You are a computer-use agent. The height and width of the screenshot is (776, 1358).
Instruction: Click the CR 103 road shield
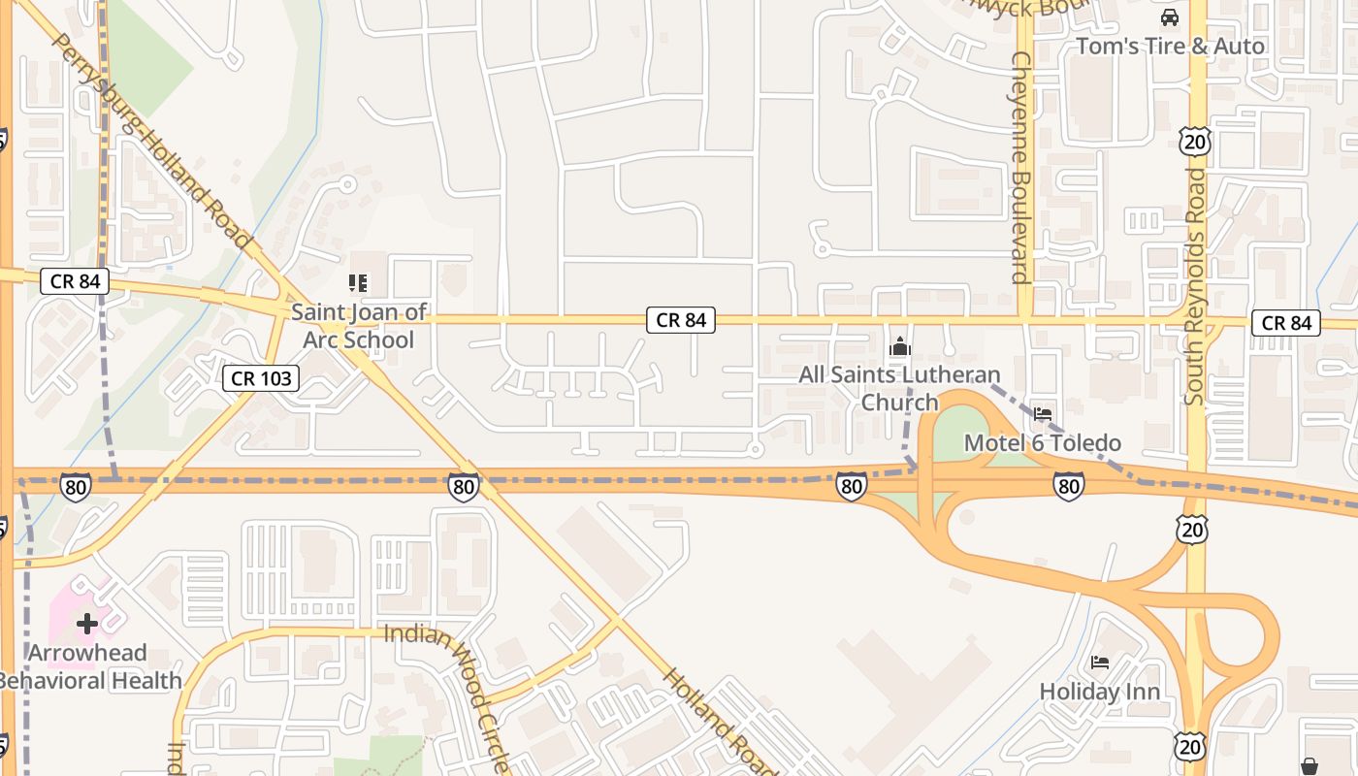pyautogui.click(x=261, y=378)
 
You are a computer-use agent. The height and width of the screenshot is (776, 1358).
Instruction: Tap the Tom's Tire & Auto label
pyautogui.click(x=1170, y=47)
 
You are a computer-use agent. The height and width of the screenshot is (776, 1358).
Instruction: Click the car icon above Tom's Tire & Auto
pyautogui.click(x=1170, y=17)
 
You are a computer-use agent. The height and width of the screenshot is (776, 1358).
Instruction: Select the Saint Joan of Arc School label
pyautogui.click(x=359, y=326)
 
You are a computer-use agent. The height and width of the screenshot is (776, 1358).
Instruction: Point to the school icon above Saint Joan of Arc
pyautogui.click(x=358, y=283)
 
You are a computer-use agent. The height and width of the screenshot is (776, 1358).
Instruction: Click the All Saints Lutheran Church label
pyautogui.click(x=898, y=387)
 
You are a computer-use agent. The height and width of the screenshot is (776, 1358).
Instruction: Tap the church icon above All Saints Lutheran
pyautogui.click(x=900, y=346)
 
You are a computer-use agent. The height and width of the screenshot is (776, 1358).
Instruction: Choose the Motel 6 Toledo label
pyautogui.click(x=1042, y=443)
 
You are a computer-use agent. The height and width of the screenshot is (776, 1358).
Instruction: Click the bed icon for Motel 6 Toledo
pyautogui.click(x=1043, y=414)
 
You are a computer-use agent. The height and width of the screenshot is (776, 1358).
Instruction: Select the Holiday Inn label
pyautogui.click(x=1099, y=692)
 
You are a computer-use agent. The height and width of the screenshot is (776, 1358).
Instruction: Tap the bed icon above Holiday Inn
pyautogui.click(x=1100, y=663)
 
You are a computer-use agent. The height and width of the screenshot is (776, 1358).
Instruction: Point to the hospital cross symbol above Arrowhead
pyautogui.click(x=87, y=623)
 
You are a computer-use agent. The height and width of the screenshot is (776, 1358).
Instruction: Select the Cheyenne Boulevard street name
pyautogui.click(x=1019, y=167)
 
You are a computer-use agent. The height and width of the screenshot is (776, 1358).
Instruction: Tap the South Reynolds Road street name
pyautogui.click(x=1195, y=287)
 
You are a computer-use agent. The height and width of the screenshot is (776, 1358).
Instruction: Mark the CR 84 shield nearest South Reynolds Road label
pyautogui.click(x=1286, y=323)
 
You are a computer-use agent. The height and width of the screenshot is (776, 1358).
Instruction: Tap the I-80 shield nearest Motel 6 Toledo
pyautogui.click(x=1068, y=485)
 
